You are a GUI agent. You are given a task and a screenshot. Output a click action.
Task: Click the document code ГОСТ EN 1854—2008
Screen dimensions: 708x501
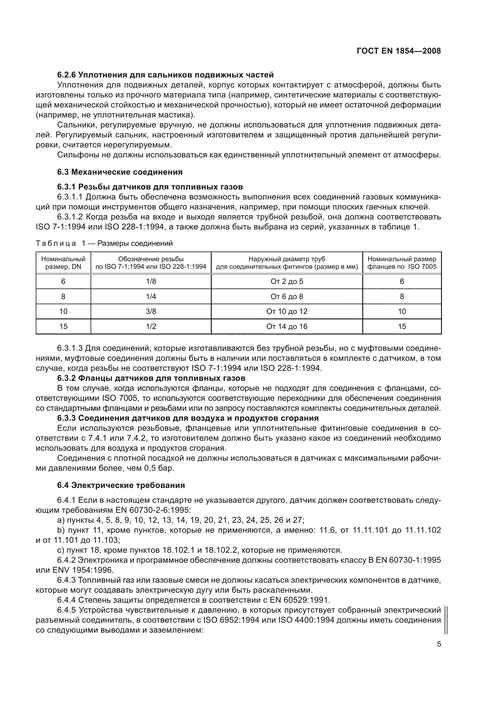tap(399, 51)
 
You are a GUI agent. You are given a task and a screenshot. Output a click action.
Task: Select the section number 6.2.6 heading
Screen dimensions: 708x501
tap(66, 75)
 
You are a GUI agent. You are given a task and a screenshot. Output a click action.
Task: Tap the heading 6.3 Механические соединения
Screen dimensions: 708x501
tap(120, 172)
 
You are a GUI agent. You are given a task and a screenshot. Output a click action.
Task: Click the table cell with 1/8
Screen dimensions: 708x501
tap(151, 281)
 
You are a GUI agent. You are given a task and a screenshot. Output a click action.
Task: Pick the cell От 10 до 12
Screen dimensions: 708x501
tap(287, 311)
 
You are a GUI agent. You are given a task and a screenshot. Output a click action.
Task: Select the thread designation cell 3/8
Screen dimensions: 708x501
tap(151, 311)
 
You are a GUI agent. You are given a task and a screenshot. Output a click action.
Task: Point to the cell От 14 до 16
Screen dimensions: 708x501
tap(287, 326)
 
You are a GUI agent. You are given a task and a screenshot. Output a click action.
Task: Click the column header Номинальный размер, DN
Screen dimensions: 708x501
tap(63, 263)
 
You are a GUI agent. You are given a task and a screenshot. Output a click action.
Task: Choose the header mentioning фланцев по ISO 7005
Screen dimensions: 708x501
tap(402, 263)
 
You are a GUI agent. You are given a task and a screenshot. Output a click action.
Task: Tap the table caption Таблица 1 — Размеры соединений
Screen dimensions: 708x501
tap(104, 243)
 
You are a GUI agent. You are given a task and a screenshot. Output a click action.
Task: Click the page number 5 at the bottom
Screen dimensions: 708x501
tap(439, 644)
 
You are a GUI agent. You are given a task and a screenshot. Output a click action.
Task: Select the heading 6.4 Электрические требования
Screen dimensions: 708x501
tap(121, 485)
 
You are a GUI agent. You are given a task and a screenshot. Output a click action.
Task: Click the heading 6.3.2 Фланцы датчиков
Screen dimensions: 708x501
tap(151, 378)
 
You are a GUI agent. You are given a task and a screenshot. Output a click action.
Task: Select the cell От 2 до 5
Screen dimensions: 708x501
tap(287, 281)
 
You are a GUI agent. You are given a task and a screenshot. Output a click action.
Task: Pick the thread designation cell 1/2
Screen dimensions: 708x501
tap(151, 326)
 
